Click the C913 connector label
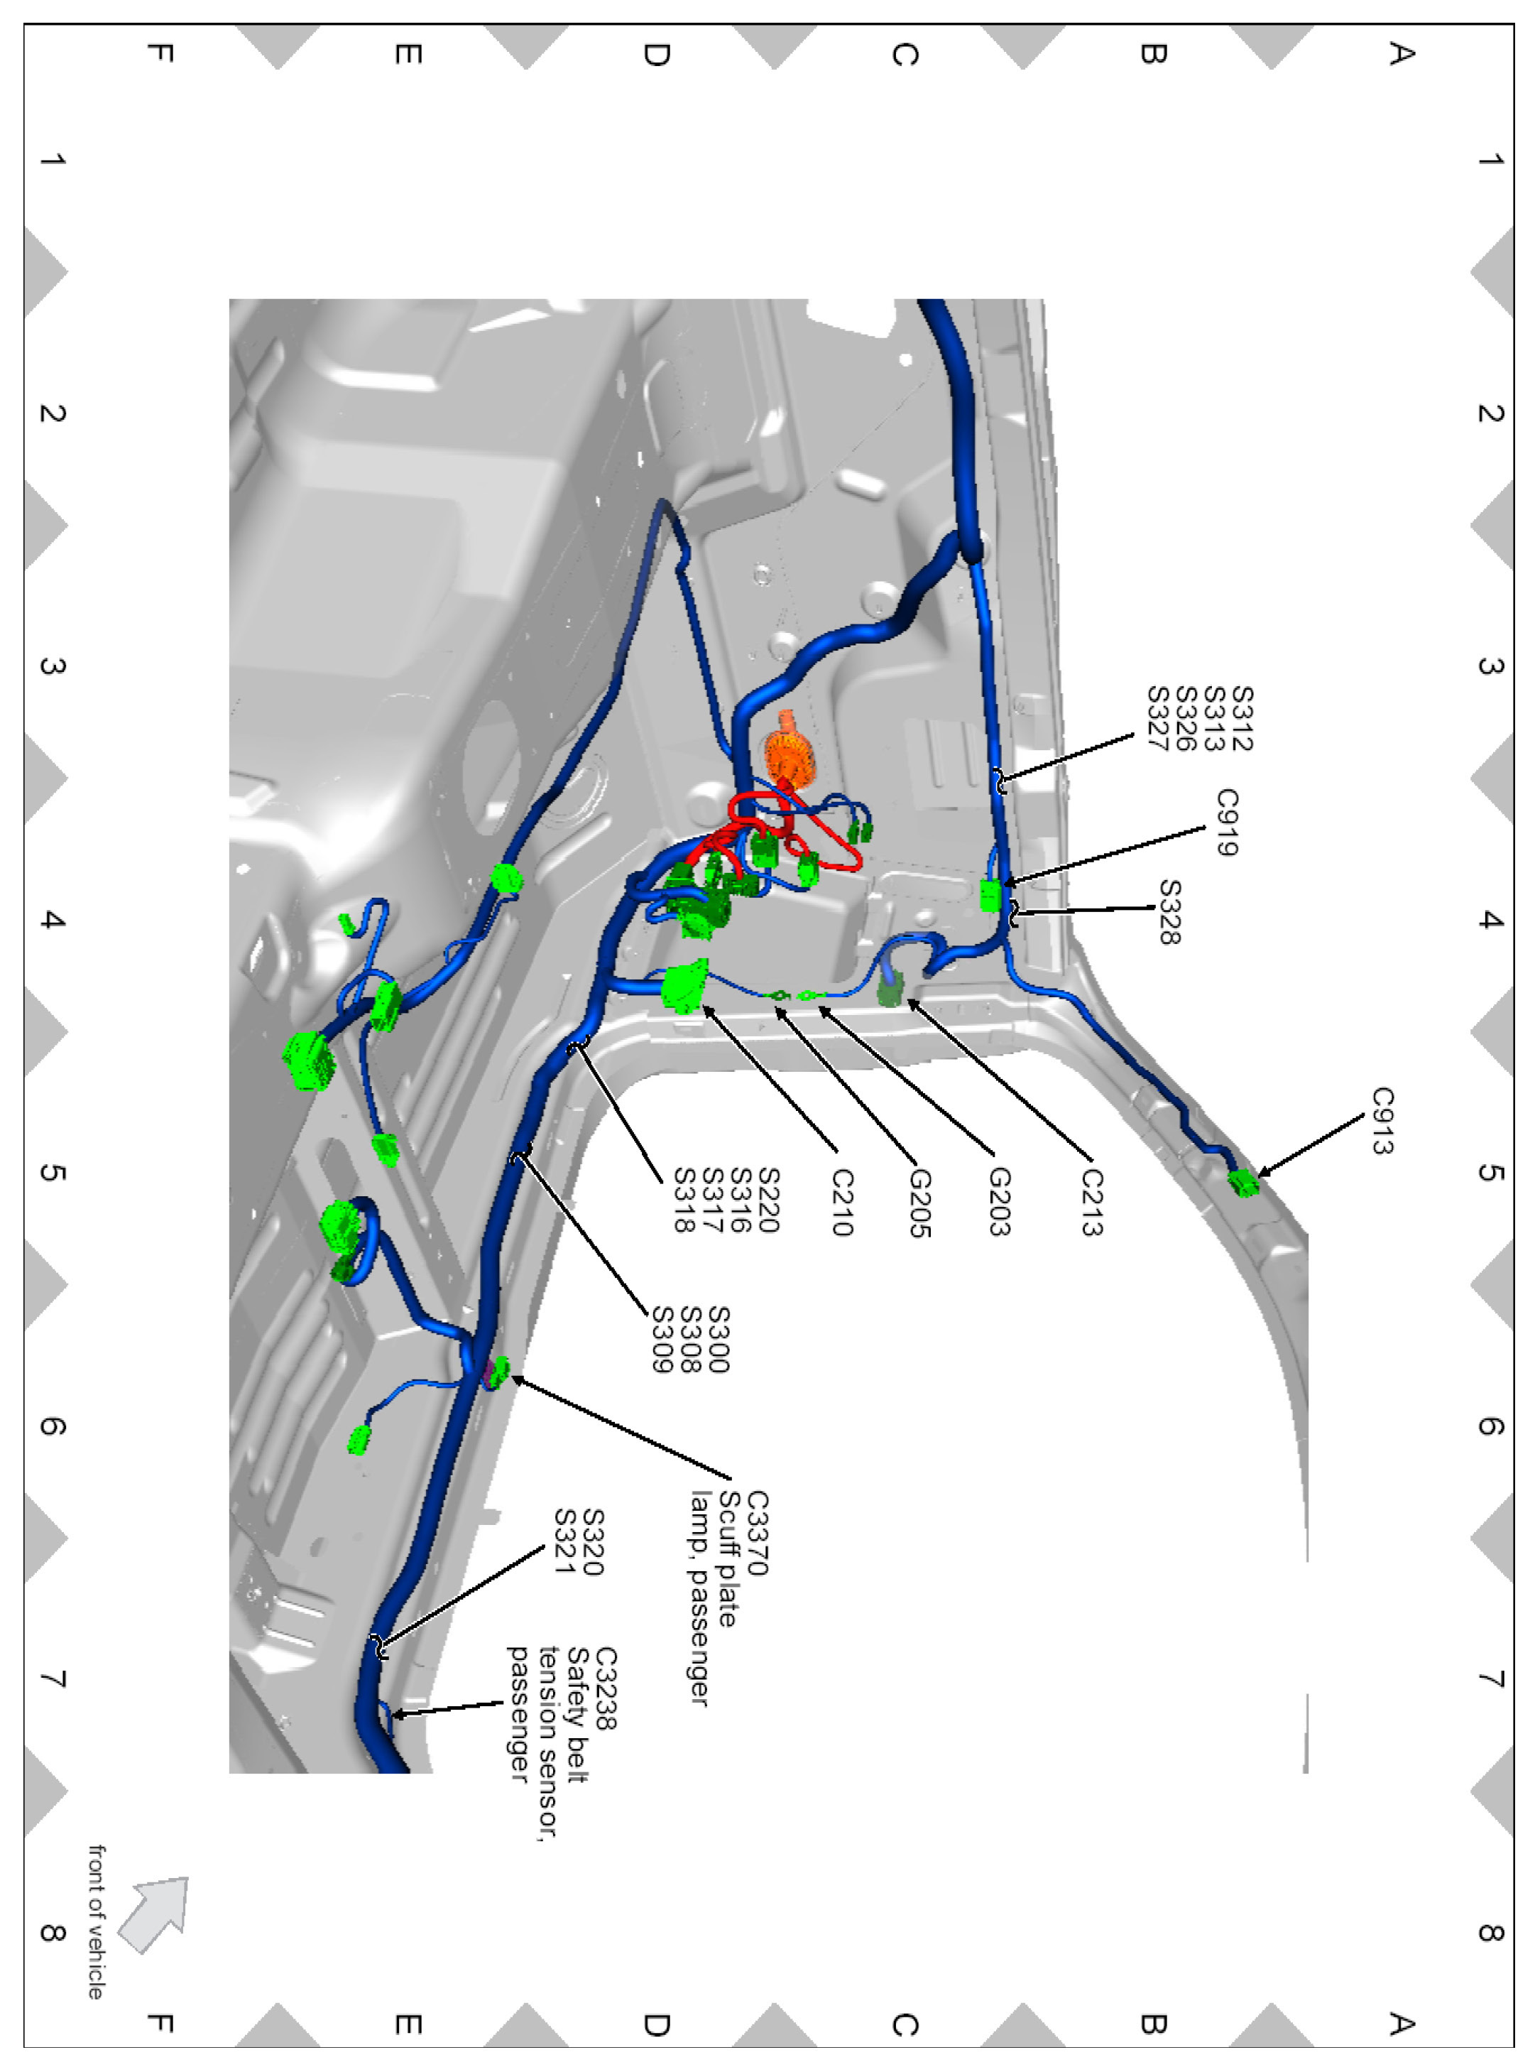[x=1382, y=1120]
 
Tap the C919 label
[x=1227, y=822]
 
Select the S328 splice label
[x=1170, y=912]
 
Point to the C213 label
[x=1092, y=1202]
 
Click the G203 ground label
[x=999, y=1202]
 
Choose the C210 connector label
[x=841, y=1202]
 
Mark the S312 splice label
[x=1240, y=718]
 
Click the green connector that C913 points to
[x=1243, y=1182]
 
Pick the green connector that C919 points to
[x=990, y=895]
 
